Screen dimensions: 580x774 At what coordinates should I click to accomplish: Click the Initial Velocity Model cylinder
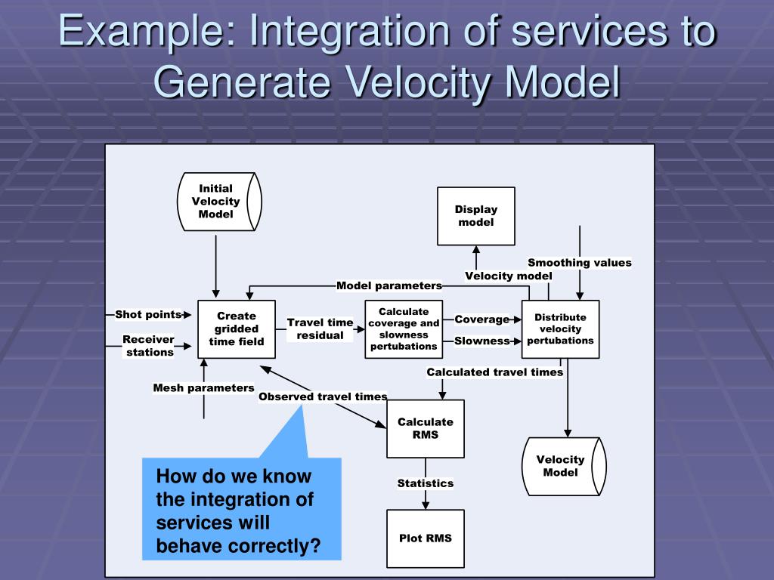click(x=218, y=202)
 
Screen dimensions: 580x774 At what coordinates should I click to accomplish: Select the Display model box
click(x=476, y=216)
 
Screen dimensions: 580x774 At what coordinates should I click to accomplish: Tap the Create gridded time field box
click(x=237, y=329)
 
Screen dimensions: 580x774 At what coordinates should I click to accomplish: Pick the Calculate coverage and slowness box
click(x=403, y=329)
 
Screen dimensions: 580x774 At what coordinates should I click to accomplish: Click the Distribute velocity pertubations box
click(x=560, y=329)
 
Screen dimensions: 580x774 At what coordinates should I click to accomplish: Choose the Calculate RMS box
click(x=425, y=428)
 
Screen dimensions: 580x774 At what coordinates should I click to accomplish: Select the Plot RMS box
click(x=425, y=538)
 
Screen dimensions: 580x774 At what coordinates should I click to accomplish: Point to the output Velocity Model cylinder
click(x=563, y=466)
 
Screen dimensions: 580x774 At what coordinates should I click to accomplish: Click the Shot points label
click(x=148, y=314)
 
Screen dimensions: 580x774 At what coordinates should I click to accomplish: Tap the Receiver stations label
click(x=149, y=346)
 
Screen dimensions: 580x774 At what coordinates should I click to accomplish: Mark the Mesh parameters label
click(x=203, y=388)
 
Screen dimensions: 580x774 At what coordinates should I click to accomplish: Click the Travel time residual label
click(x=320, y=329)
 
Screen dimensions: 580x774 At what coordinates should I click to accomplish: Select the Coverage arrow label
click(x=481, y=319)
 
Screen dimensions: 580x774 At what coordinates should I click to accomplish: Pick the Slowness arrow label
click(x=481, y=341)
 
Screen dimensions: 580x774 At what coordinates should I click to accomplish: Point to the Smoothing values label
click(x=579, y=263)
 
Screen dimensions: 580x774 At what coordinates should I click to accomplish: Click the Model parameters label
click(x=389, y=285)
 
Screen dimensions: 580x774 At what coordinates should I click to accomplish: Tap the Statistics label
click(x=426, y=483)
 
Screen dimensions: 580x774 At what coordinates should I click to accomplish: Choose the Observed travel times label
click(x=323, y=396)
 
